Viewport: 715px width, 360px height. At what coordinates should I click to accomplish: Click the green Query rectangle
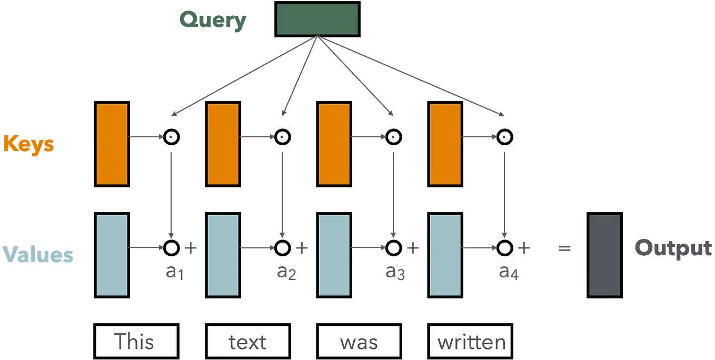coord(317,19)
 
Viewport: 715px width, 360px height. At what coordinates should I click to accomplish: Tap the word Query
coord(213,21)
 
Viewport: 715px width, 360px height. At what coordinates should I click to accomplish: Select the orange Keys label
coord(29,145)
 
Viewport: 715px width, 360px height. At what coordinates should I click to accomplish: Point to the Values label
coord(38,254)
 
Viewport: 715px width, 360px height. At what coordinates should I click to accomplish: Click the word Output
coord(673,248)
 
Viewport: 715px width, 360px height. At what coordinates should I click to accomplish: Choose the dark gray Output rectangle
coord(604,255)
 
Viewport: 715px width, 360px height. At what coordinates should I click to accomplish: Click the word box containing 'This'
coord(136,341)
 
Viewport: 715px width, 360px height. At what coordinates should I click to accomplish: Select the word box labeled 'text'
coord(247,341)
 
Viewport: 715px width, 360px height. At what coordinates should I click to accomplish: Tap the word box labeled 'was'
coord(359,341)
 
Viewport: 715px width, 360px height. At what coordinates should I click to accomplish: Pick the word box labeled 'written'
coord(470,341)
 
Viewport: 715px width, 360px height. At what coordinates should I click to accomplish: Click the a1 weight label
coord(175,272)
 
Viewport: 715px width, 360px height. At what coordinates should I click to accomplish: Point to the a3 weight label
coord(395,272)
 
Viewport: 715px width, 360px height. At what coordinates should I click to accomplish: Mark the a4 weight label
coord(509,272)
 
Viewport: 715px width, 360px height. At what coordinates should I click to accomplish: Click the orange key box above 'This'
coord(112,144)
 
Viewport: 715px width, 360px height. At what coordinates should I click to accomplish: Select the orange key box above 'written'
coord(445,144)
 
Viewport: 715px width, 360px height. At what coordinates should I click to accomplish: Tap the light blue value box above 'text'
coord(223,255)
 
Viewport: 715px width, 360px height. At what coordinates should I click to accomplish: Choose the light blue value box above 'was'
coord(334,255)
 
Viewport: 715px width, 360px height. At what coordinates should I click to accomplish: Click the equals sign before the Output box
coord(564,248)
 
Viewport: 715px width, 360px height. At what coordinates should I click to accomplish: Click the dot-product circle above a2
coord(283,129)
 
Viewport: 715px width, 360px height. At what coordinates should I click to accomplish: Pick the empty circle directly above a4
coord(504,240)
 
